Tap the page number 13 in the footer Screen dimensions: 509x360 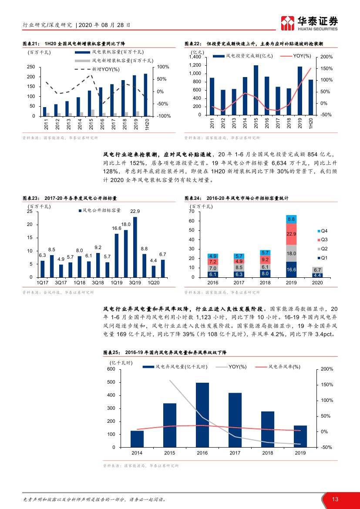coord(335,499)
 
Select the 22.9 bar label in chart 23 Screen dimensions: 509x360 coord(135,212)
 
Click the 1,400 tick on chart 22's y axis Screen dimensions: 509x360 coord(195,57)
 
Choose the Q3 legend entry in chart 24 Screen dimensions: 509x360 coord(323,239)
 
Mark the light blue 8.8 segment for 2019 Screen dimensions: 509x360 coord(291,219)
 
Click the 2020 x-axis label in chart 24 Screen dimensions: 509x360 coord(317,282)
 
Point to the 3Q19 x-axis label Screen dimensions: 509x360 coord(136,282)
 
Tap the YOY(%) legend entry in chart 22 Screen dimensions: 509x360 coord(296,56)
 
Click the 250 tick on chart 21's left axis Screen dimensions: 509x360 coord(30,67)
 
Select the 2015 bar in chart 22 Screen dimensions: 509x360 coord(256,90)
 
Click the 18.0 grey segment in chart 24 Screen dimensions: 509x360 coord(291,253)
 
